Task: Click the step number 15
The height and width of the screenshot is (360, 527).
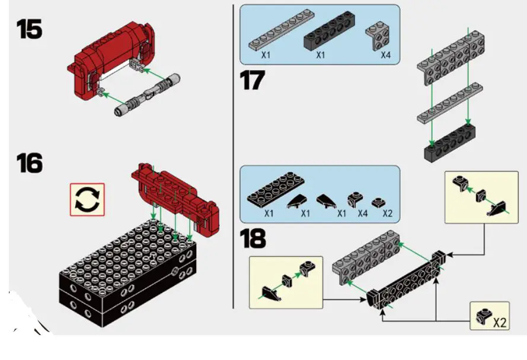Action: coord(29,29)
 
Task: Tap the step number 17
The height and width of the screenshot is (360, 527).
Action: coord(253,81)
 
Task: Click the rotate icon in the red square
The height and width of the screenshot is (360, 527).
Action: coord(88,200)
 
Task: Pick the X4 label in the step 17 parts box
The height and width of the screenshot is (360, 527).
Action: coord(386,56)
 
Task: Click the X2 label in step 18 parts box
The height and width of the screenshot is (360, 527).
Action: coord(387,213)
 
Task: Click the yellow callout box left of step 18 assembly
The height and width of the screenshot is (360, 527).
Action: coord(286,282)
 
